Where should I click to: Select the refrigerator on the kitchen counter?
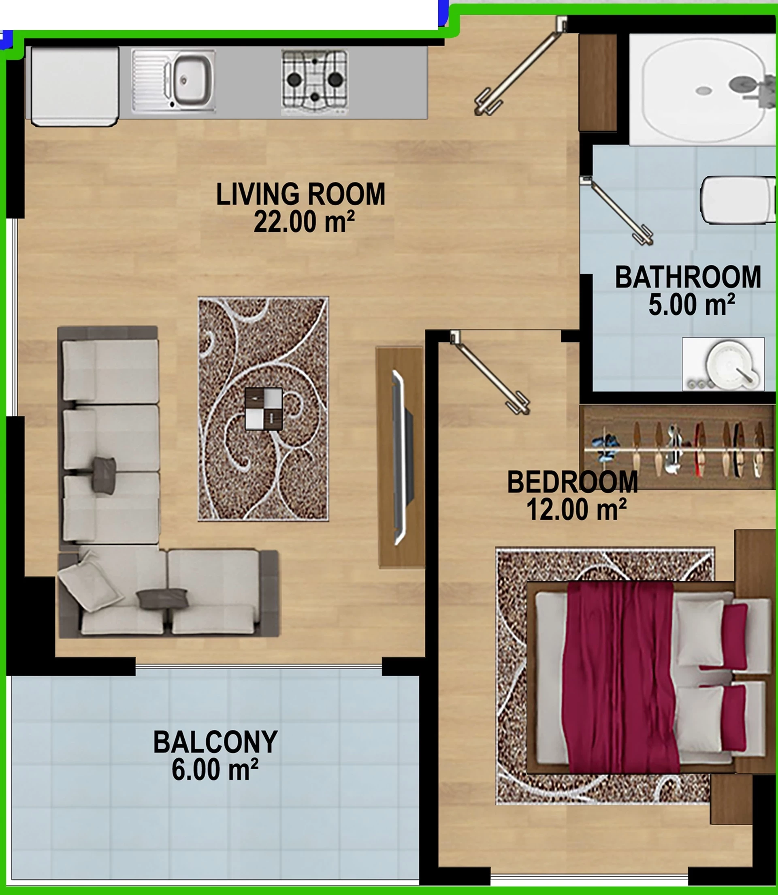click(x=75, y=86)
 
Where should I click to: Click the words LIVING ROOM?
click(x=301, y=194)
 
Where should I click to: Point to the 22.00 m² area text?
click(x=304, y=222)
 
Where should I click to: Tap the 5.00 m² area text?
click(x=692, y=304)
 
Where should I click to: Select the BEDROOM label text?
click(x=572, y=482)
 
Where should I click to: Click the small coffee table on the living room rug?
click(x=264, y=409)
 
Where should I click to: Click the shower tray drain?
click(x=703, y=90)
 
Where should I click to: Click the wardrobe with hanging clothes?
click(x=677, y=447)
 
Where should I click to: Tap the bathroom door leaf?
click(x=617, y=210)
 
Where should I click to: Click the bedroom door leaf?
click(x=490, y=373)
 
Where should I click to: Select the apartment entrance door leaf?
click(x=520, y=66)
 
